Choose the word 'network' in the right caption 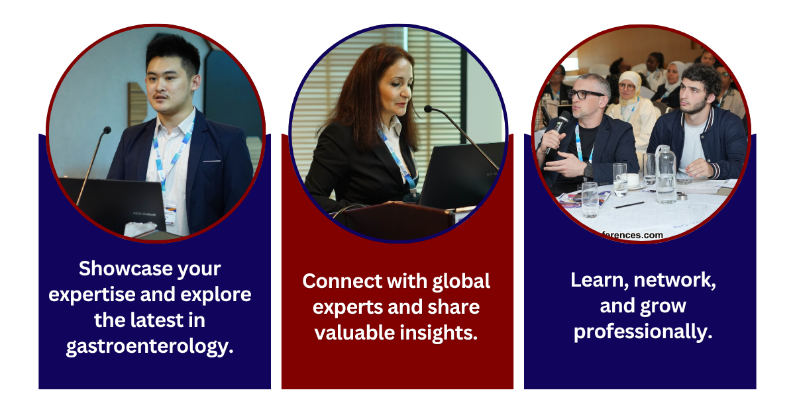click(672, 281)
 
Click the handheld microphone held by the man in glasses click(558, 130)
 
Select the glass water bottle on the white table click(665, 175)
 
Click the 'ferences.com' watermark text click(633, 235)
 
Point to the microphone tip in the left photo click(107, 130)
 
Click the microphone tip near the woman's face click(428, 109)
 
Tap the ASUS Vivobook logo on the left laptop click(144, 214)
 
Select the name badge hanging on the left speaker click(170, 215)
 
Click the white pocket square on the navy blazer click(211, 162)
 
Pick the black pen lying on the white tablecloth click(629, 205)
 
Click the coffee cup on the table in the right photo click(633, 180)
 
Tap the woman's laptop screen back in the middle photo click(461, 175)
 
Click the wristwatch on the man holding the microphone click(588, 169)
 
